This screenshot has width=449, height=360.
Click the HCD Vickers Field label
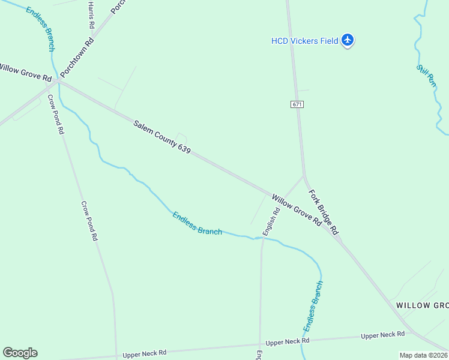(304, 41)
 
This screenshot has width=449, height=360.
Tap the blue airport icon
(348, 41)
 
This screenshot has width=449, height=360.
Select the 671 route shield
(298, 104)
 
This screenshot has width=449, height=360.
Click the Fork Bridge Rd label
(324, 212)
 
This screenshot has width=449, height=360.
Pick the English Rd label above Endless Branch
(271, 221)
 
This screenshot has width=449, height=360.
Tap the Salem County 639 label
(162, 137)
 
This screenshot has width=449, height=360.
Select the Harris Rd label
(91, 14)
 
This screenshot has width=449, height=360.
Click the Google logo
(20, 353)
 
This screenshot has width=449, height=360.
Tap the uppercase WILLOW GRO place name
(422, 305)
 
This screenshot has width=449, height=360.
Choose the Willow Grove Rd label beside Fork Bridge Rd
(296, 209)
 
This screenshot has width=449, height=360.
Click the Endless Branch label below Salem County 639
(197, 223)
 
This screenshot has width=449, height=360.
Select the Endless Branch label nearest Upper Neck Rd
(313, 306)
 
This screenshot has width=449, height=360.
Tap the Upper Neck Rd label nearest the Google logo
(144, 354)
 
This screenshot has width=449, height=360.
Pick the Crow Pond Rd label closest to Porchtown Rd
(55, 115)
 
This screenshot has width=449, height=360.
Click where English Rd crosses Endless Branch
(262, 238)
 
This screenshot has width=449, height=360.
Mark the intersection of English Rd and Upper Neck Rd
(260, 345)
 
